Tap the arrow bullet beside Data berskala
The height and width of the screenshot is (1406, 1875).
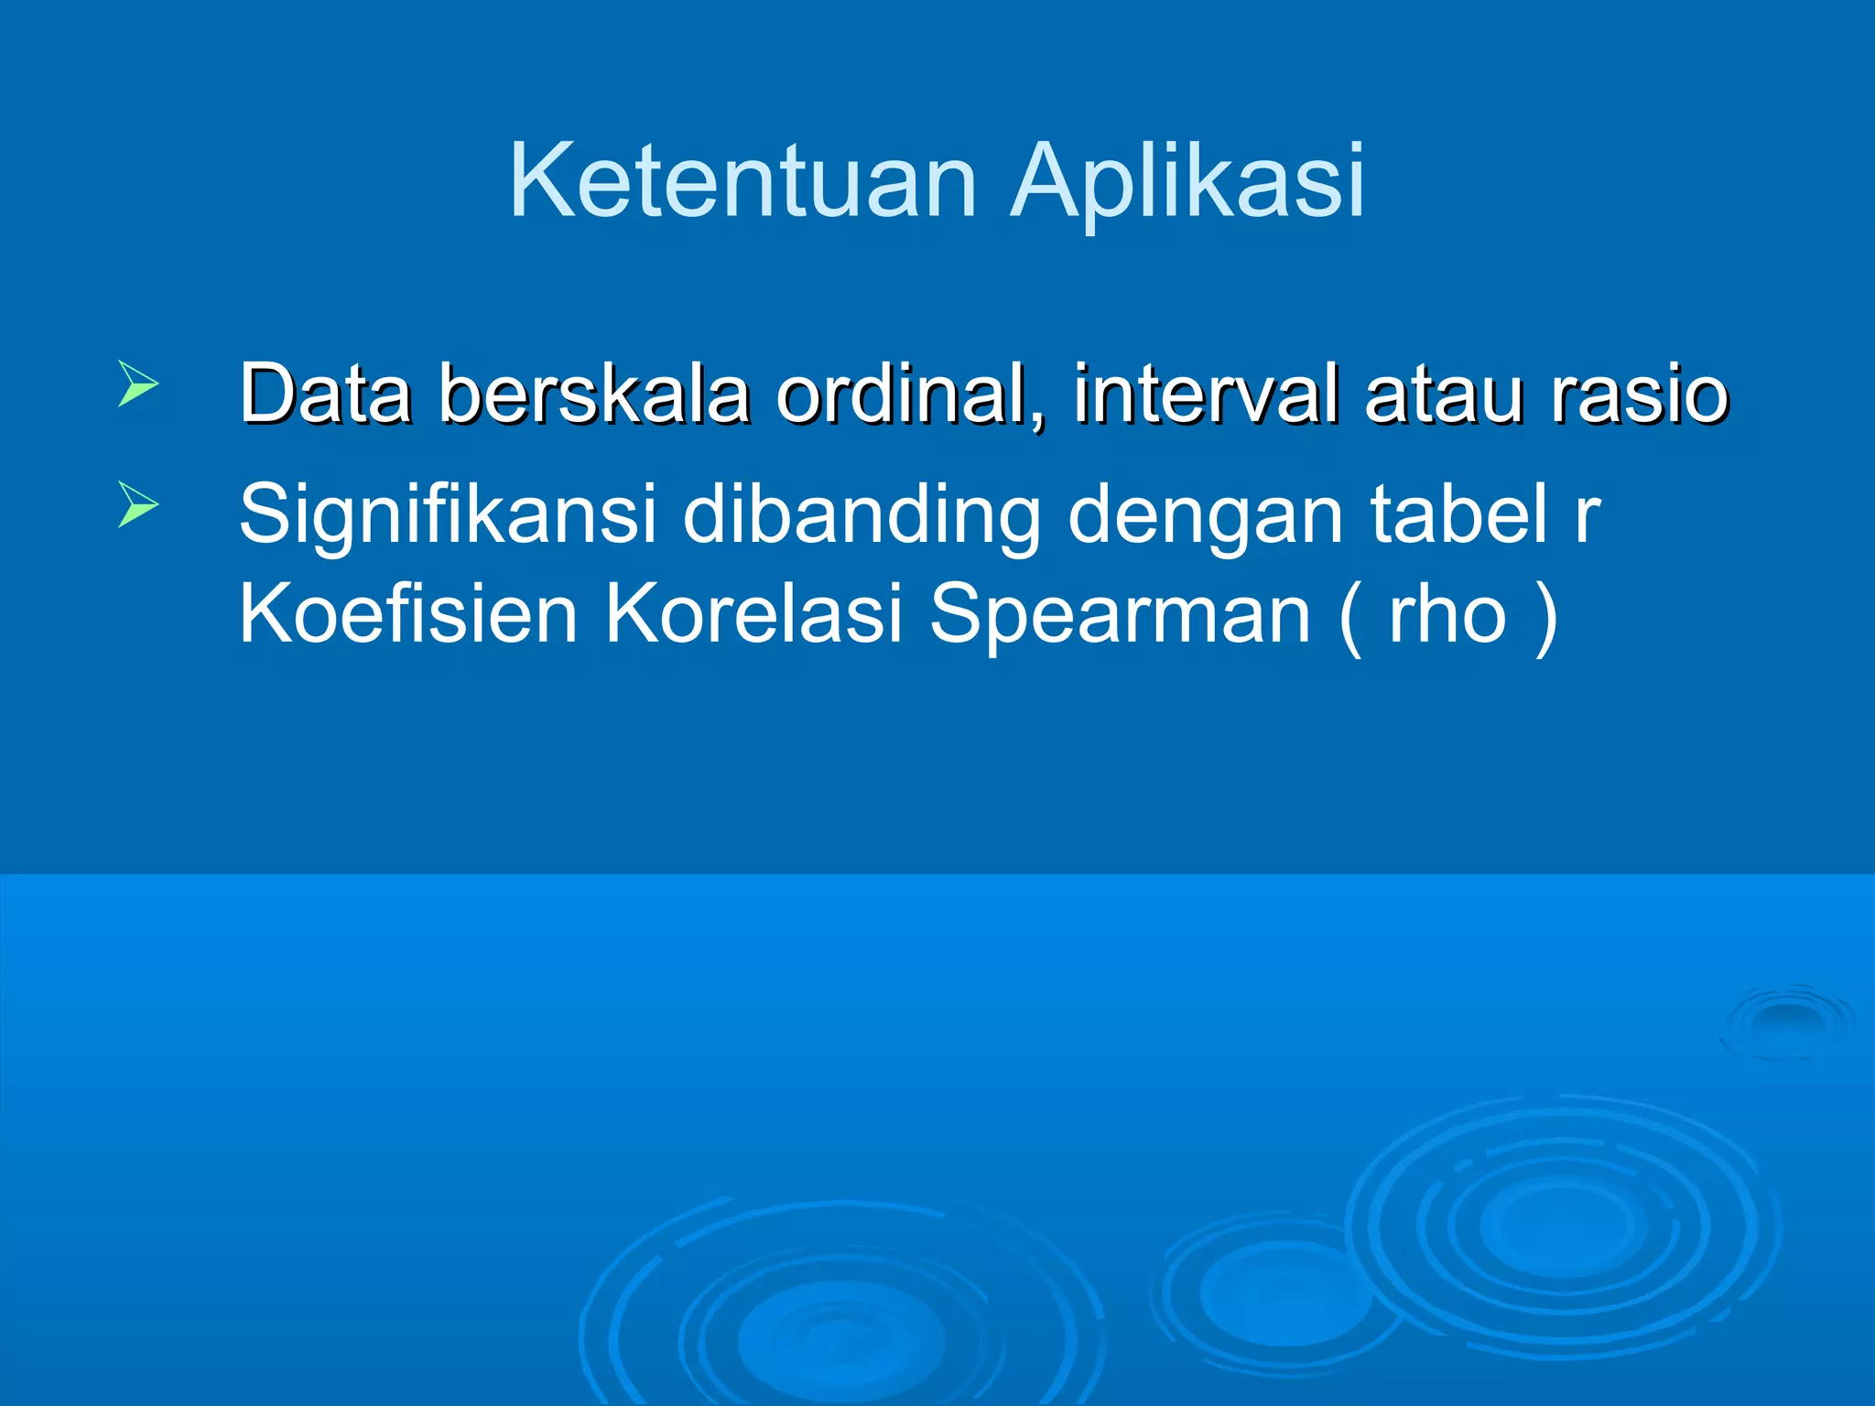coord(138,384)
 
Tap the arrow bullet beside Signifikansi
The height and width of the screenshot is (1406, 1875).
coord(138,504)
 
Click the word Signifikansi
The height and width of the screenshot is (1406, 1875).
coord(448,514)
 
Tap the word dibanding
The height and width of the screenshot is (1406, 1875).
coord(862,514)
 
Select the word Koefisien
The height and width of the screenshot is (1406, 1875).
coord(408,613)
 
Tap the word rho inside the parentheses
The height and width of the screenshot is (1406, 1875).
coord(1447,613)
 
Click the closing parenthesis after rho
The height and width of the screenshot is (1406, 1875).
coord(1545,615)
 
